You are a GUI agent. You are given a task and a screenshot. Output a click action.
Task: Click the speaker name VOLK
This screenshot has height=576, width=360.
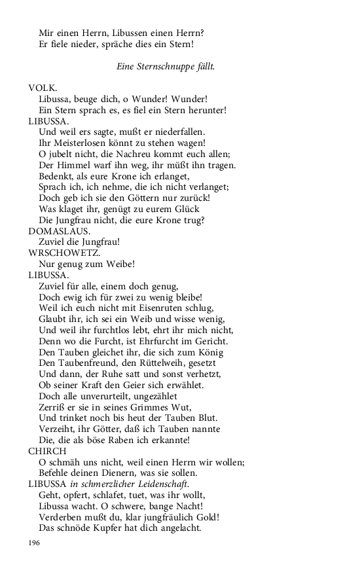point(43,88)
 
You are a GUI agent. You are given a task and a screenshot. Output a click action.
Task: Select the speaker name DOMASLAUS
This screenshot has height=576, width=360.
point(58,231)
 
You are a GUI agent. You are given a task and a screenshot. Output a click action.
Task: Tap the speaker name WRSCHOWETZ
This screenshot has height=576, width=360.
point(64,253)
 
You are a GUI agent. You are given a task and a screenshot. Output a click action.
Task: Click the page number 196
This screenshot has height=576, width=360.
point(35,543)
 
